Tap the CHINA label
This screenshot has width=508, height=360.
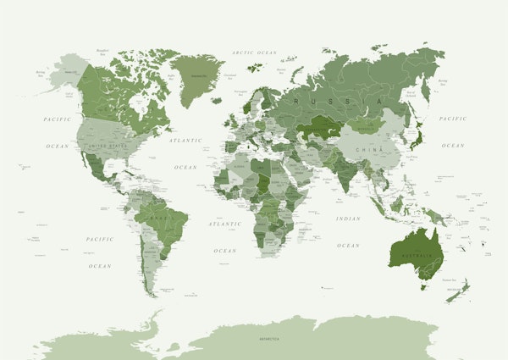point(369,148)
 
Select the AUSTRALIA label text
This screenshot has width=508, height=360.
point(416,255)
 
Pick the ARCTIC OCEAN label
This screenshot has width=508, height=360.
point(255,53)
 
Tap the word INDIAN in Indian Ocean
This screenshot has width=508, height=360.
point(347,219)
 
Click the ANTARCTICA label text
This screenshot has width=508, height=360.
point(270,338)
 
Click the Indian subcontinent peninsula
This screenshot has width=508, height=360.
point(345,173)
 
